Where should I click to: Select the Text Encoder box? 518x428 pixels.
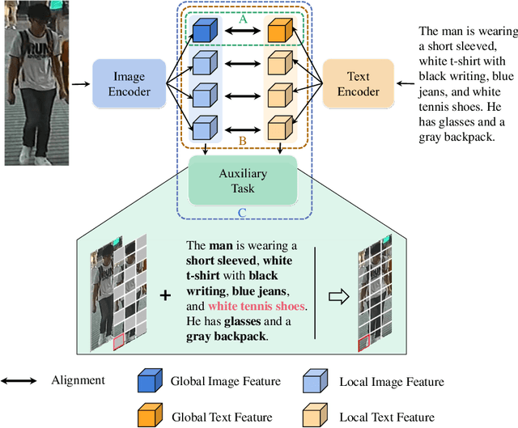pyautogui.click(x=358, y=83)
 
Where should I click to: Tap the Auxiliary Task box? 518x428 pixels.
pyautogui.click(x=243, y=180)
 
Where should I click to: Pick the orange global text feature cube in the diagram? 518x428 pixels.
pyautogui.click(x=279, y=31)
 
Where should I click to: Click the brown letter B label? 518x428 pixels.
pyautogui.click(x=242, y=141)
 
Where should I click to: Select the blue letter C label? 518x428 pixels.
pyautogui.click(x=242, y=213)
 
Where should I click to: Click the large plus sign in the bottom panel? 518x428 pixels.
pyautogui.click(x=165, y=296)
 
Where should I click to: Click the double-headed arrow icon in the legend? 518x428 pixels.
pyautogui.click(x=19, y=380)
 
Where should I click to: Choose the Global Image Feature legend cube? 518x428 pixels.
pyautogui.click(x=150, y=381)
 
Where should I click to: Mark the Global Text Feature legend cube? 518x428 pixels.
pyautogui.click(x=150, y=415)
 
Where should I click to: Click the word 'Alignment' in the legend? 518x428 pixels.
pyautogui.click(x=79, y=380)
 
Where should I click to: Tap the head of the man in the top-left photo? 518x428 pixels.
pyautogui.click(x=36, y=15)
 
